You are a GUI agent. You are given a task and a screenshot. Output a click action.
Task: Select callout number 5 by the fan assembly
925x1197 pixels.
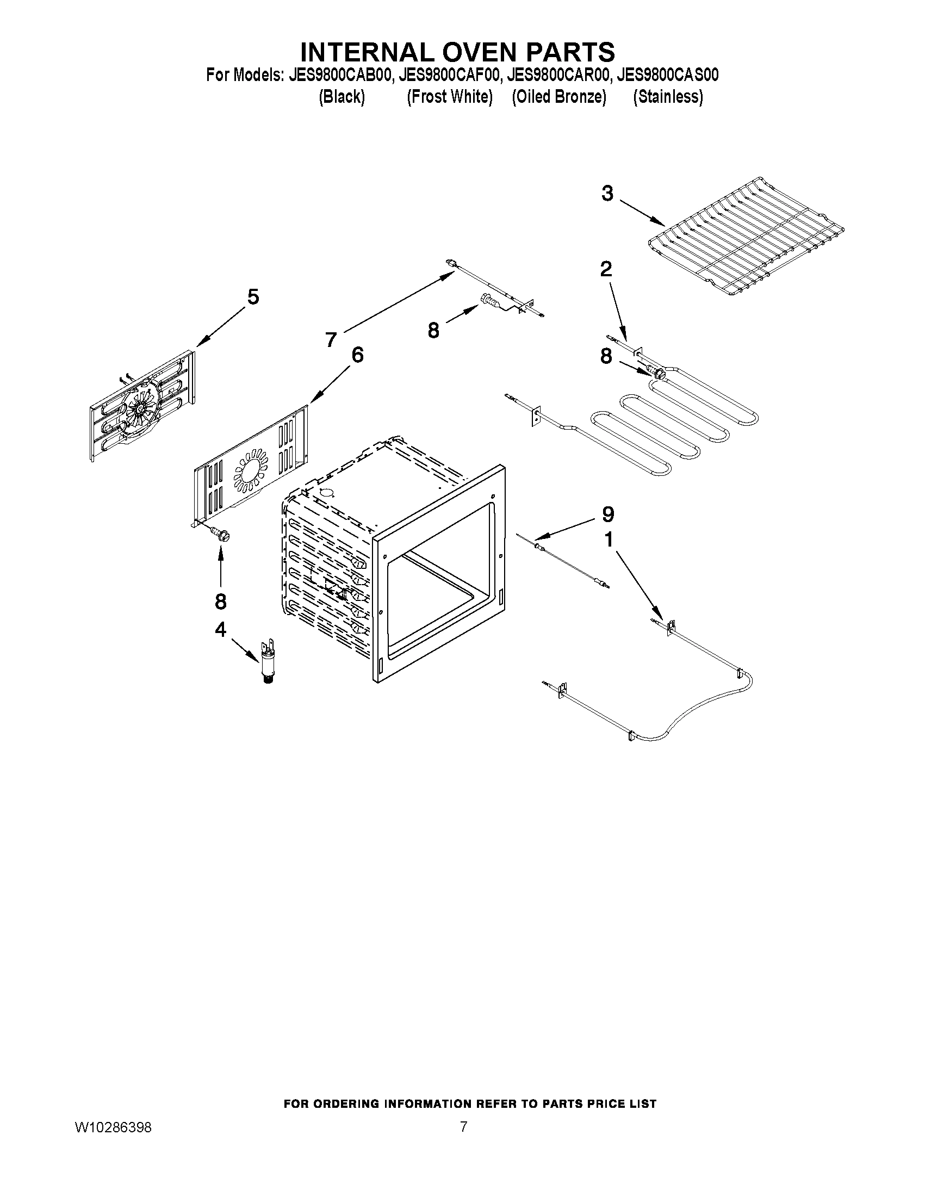[253, 297]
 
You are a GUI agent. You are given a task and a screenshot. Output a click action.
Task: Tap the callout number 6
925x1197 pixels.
[357, 355]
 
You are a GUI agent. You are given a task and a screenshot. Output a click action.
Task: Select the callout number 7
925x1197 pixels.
[331, 340]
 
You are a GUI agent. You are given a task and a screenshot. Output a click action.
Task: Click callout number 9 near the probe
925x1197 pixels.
[608, 514]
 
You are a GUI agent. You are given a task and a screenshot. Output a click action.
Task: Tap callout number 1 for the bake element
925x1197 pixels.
[608, 541]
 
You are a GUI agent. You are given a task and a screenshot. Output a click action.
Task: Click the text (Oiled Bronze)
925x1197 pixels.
[558, 97]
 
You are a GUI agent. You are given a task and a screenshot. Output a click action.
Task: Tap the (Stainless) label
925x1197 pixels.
[667, 97]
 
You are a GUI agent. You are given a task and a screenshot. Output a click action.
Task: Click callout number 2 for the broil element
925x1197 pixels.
[606, 269]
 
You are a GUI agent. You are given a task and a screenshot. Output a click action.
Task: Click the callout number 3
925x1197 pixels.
[607, 194]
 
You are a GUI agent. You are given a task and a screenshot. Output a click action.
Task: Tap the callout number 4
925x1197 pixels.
[220, 630]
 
